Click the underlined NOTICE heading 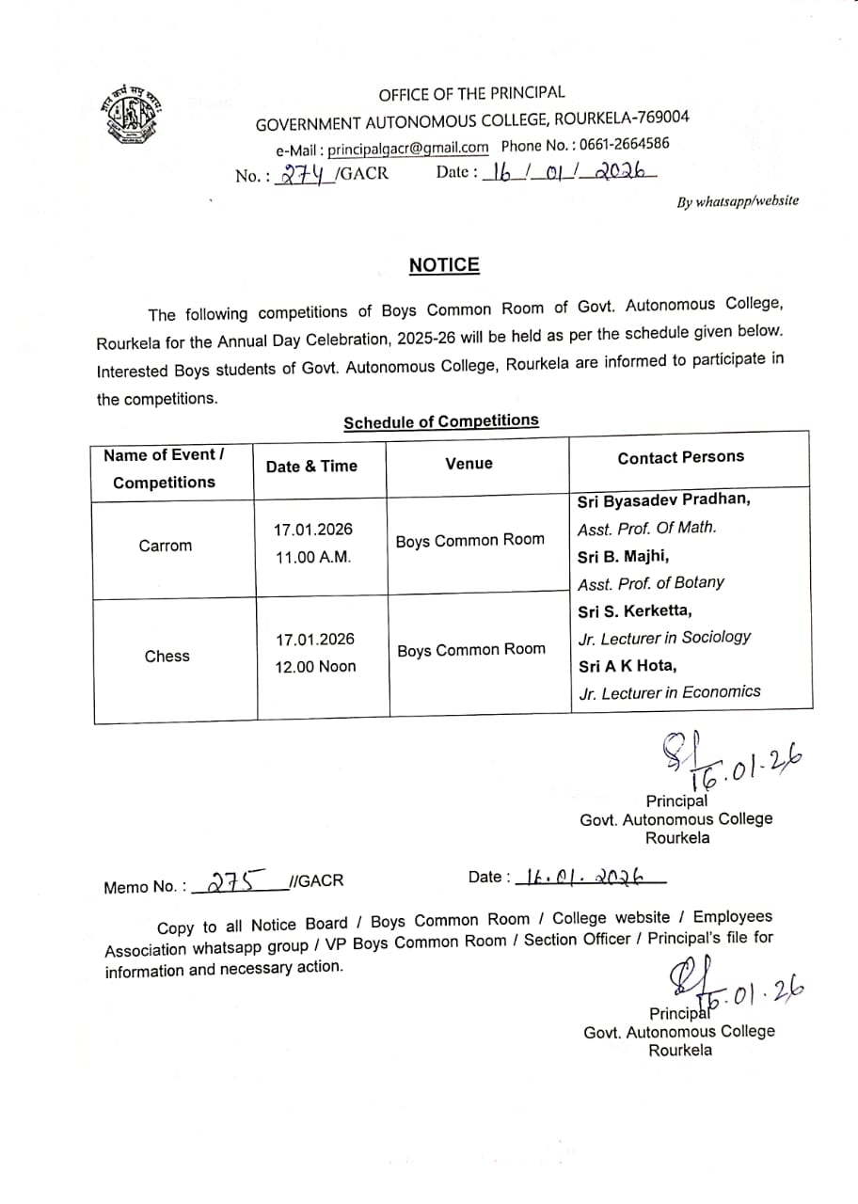click(x=444, y=265)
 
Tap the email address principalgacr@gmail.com click(x=407, y=148)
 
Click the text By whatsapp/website click(x=738, y=200)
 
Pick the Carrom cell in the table click(x=165, y=546)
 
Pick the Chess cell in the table click(x=167, y=656)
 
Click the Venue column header click(x=469, y=463)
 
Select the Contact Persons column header click(x=680, y=457)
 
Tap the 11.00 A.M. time click(x=312, y=557)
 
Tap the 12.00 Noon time click(x=315, y=667)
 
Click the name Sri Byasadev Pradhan click(x=664, y=499)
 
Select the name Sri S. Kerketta click(x=635, y=610)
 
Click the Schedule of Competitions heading click(x=441, y=421)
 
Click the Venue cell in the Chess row click(x=470, y=650)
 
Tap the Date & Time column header click(x=311, y=466)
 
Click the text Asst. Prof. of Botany click(x=651, y=582)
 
